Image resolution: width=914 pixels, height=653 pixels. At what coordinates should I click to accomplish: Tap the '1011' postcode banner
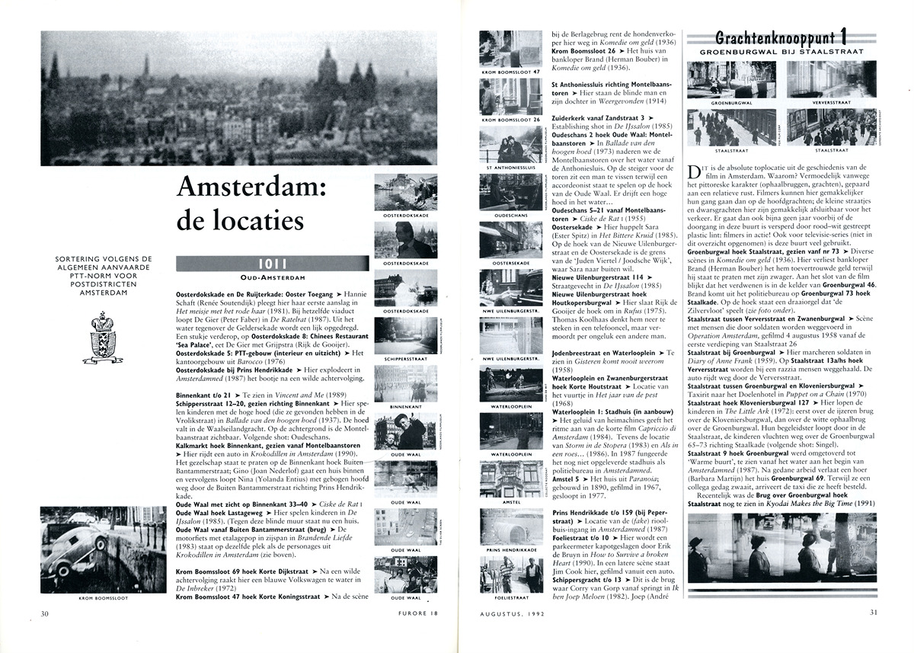tap(270, 264)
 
